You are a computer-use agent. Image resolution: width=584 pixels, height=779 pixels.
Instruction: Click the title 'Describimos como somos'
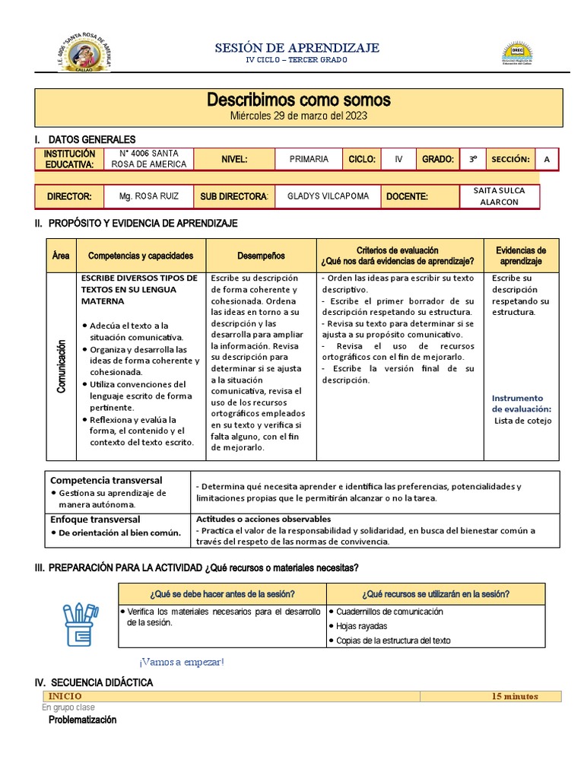pyautogui.click(x=299, y=100)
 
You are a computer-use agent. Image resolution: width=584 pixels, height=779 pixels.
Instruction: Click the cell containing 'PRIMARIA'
pyautogui.click(x=309, y=159)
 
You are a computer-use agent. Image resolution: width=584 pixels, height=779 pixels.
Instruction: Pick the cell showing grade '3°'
pyautogui.click(x=472, y=159)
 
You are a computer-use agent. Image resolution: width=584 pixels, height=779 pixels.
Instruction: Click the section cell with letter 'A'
pyautogui.click(x=546, y=159)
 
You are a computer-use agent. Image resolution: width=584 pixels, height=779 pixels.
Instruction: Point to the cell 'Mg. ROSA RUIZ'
pyautogui.click(x=149, y=196)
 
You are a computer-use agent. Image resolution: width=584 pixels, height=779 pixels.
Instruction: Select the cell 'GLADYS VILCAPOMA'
pyautogui.click(x=328, y=196)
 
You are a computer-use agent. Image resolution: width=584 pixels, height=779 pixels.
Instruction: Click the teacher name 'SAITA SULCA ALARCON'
pyautogui.click(x=500, y=197)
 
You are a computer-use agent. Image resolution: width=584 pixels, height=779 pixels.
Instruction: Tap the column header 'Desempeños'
pyautogui.click(x=261, y=256)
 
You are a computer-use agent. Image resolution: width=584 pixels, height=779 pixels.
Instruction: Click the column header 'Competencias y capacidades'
pyautogui.click(x=141, y=256)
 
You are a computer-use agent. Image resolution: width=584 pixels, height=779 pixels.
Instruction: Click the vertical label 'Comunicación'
pyautogui.click(x=62, y=367)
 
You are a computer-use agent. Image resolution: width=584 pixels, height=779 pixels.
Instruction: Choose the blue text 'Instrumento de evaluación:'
pyautogui.click(x=521, y=403)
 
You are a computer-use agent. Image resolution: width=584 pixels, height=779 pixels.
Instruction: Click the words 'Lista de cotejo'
pyautogui.click(x=523, y=420)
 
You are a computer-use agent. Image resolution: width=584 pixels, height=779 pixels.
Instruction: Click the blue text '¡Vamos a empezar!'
pyautogui.click(x=182, y=662)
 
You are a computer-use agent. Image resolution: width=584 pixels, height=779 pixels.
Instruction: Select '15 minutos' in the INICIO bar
pyautogui.click(x=514, y=696)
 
